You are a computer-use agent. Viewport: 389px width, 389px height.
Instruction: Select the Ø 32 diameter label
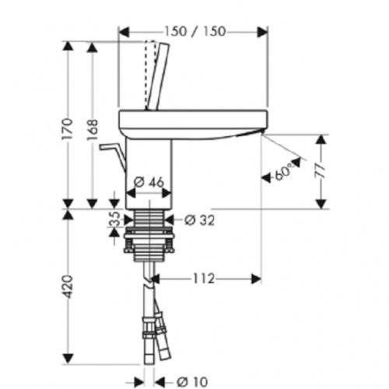coord(199,219)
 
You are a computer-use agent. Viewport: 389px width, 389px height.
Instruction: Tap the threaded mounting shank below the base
coord(149,233)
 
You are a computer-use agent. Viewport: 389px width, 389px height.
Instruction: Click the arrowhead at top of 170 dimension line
coord(68,46)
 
